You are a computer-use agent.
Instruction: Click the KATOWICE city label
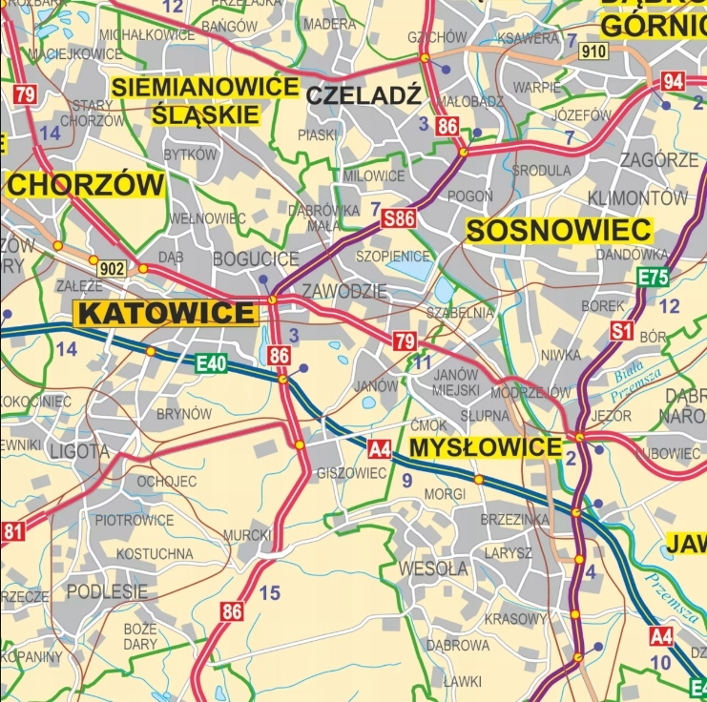167,313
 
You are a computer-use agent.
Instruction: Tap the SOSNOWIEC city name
559,230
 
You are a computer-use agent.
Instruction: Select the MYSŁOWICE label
485,448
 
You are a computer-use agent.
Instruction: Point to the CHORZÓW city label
85,185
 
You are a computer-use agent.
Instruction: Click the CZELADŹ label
364,94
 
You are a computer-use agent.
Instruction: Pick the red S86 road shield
399,219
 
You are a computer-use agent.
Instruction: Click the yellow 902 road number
112,268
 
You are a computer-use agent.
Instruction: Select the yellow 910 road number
593,52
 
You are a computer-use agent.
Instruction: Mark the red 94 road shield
674,82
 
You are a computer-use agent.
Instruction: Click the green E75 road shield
653,279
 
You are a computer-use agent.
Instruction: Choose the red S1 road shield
623,332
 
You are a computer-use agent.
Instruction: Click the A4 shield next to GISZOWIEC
380,448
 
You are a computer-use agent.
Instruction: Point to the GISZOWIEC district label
352,473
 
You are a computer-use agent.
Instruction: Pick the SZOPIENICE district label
392,257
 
